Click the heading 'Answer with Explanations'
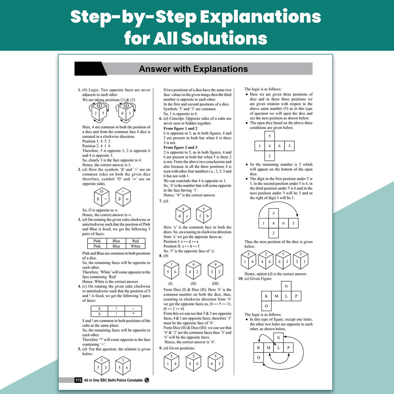193,69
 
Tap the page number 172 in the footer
78,380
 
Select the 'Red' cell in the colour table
135,241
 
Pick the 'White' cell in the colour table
135,246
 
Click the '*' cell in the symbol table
133,314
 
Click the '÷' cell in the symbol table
133,309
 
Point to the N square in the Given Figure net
286,286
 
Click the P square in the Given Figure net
296,296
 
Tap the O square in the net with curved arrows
259,357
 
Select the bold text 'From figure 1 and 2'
180,129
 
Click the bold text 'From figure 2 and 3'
180,147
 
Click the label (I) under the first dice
170,284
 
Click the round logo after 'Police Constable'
147,380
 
